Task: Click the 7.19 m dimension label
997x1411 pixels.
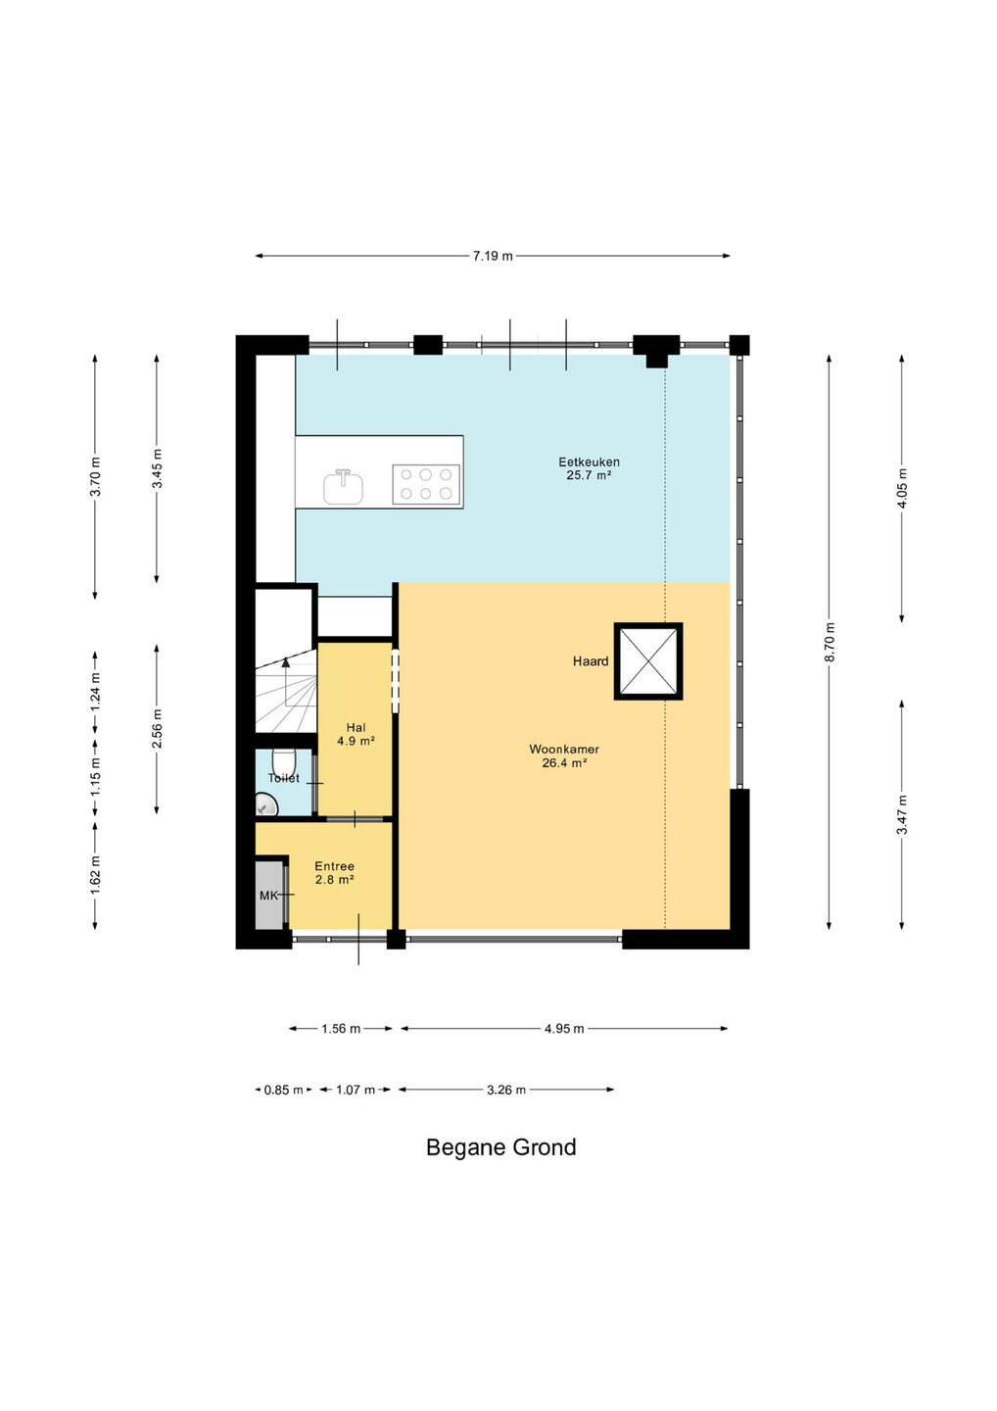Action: tap(493, 256)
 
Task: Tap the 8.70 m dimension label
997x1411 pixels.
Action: tap(831, 642)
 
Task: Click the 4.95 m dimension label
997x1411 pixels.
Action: tap(564, 1029)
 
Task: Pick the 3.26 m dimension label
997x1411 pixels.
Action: tap(506, 1090)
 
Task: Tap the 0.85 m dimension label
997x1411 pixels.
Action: tap(283, 1090)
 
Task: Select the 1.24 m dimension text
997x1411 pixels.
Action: tap(96, 692)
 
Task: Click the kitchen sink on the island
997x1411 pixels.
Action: tap(343, 487)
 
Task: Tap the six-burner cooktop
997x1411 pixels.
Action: tap(426, 484)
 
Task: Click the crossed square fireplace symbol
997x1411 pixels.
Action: tap(648, 660)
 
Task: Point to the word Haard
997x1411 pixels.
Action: tap(591, 661)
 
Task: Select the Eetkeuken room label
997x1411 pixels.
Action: tap(590, 462)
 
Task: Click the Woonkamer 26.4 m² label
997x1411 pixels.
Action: tap(564, 756)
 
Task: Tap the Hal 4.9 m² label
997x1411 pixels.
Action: tap(356, 735)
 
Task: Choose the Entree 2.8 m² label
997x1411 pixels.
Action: tap(334, 873)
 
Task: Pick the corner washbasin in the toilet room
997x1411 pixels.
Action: tap(266, 804)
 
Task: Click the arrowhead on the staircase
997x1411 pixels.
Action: tap(286, 662)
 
